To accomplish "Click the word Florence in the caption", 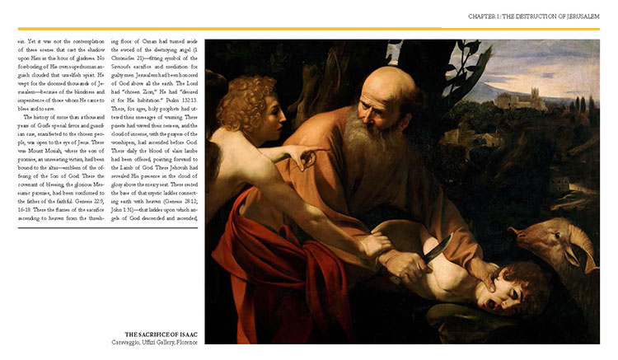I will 188,342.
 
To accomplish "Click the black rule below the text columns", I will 106,229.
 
